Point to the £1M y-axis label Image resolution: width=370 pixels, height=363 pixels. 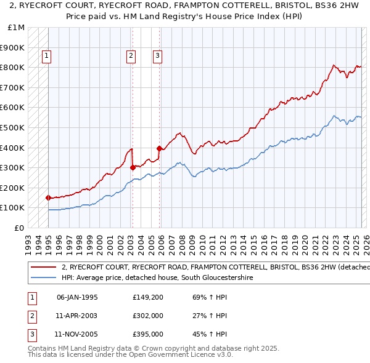17,28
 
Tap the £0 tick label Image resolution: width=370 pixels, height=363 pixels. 20,228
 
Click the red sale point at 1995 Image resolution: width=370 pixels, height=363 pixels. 48,197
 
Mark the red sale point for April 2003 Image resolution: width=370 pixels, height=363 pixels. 133,167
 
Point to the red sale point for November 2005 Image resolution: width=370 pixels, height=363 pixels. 159,148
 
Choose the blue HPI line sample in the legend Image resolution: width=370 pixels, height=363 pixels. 44,278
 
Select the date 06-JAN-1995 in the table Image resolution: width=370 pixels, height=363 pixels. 77,297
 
